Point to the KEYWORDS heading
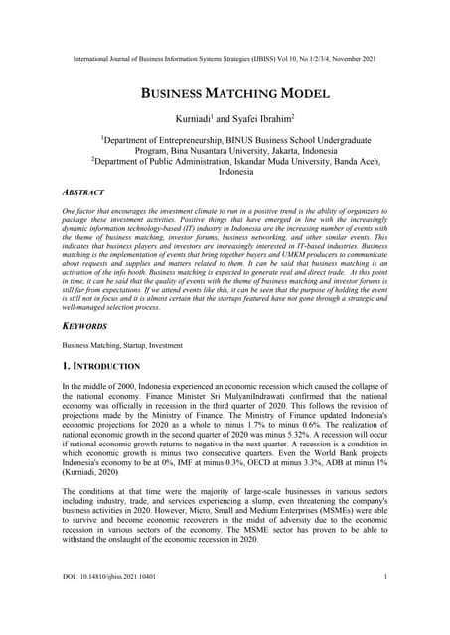click(86, 324)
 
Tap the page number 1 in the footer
click(383, 604)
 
